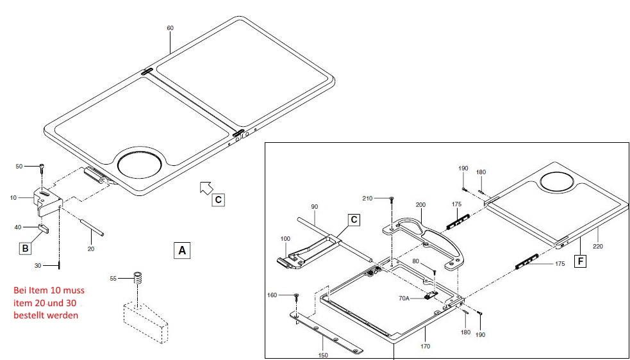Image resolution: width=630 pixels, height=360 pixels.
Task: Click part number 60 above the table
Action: (170, 29)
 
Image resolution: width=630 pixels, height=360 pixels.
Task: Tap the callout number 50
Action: (19, 167)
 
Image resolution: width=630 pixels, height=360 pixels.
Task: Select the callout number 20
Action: (91, 249)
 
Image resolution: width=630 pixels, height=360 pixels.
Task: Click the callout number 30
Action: (38, 265)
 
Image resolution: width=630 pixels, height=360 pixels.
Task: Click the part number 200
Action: (420, 205)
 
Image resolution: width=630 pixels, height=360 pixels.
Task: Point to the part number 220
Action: (597, 246)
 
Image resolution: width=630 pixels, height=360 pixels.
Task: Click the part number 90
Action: (314, 206)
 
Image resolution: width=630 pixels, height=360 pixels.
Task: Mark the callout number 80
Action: (416, 262)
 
